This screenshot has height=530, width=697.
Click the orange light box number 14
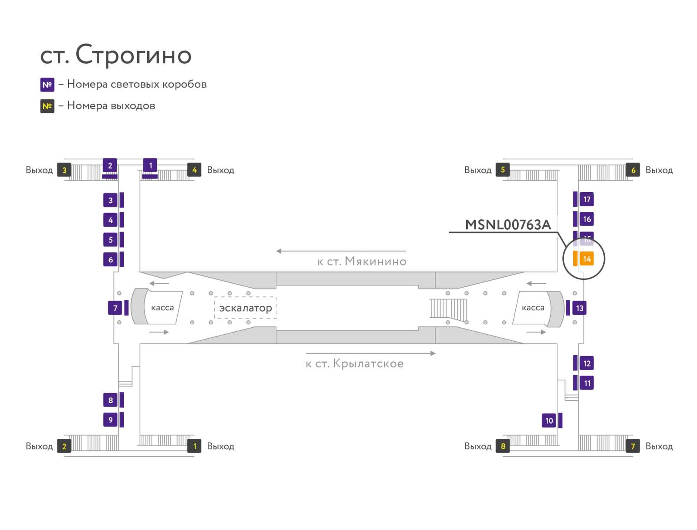(x=586, y=259)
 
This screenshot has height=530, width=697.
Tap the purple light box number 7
(x=115, y=308)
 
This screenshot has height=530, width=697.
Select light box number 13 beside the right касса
(x=579, y=308)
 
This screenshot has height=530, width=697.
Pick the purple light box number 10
(x=549, y=421)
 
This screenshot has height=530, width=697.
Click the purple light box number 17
(x=587, y=199)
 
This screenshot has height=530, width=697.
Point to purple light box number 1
(x=150, y=166)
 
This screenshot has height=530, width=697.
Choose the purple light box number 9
(x=110, y=420)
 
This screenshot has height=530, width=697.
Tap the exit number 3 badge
(x=64, y=170)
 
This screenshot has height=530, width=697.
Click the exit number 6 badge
(x=633, y=170)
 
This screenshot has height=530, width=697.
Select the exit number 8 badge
(x=503, y=446)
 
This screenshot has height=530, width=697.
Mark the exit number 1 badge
(x=194, y=446)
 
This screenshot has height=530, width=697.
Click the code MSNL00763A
(x=508, y=224)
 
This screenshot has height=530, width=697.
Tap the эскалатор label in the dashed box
(x=245, y=308)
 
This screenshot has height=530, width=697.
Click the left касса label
(x=162, y=308)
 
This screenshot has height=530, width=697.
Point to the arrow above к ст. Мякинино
(x=341, y=251)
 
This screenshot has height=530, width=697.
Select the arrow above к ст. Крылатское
(x=370, y=353)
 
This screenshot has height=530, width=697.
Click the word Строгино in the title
(x=133, y=55)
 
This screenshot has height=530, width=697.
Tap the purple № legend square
(x=47, y=85)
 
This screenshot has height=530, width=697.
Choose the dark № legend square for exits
(x=47, y=106)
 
